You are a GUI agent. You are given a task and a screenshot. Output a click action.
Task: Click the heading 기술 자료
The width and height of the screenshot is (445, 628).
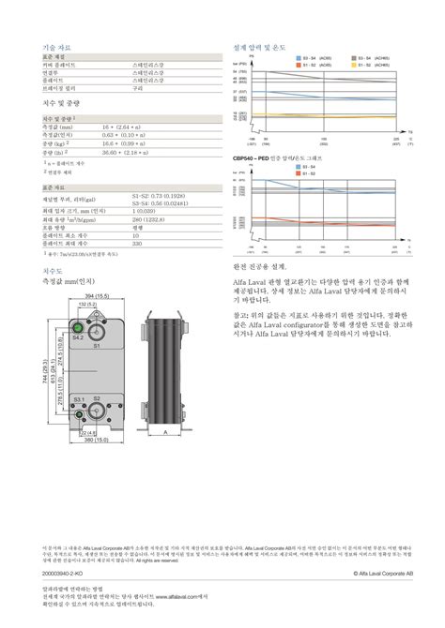pyautogui.click(x=54, y=46)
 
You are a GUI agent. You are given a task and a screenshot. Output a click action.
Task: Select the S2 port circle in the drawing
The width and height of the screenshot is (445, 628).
pyautogui.click(x=96, y=399)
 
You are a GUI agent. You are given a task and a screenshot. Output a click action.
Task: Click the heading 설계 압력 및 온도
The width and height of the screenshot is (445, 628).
pyautogui.click(x=259, y=46)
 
